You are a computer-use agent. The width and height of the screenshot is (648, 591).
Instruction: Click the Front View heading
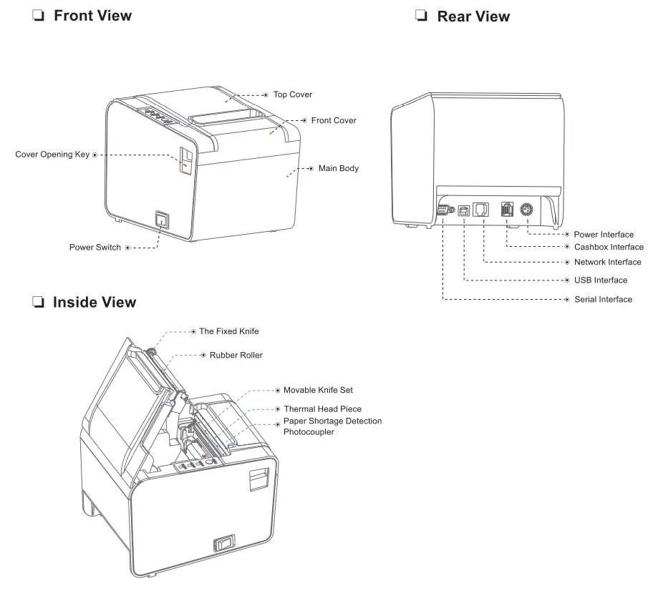click(x=92, y=15)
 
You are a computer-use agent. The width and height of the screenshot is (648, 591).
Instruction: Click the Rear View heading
click(x=473, y=16)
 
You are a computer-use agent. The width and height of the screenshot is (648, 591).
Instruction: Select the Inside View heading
click(x=94, y=303)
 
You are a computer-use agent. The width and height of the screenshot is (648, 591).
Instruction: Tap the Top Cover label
click(x=292, y=94)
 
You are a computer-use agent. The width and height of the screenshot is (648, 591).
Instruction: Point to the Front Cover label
click(x=333, y=121)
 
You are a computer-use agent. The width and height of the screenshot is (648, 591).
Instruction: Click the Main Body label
click(x=338, y=169)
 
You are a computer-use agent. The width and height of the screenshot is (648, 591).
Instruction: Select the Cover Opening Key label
click(x=52, y=155)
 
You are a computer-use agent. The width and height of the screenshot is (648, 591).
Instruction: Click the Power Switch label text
click(x=95, y=248)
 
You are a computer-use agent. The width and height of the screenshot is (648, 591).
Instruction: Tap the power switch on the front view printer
click(x=163, y=220)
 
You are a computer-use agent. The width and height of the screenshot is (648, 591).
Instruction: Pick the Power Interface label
click(x=603, y=235)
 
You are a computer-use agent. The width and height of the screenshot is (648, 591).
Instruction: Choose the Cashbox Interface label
click(x=608, y=247)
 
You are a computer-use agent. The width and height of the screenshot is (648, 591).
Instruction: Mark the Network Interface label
click(x=607, y=263)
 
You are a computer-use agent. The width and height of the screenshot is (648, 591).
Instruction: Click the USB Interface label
click(x=600, y=280)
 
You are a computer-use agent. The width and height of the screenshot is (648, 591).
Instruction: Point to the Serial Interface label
click(x=603, y=299)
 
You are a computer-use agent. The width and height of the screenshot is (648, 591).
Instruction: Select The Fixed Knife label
click(x=228, y=332)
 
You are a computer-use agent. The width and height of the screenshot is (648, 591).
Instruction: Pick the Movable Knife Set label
click(x=317, y=390)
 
